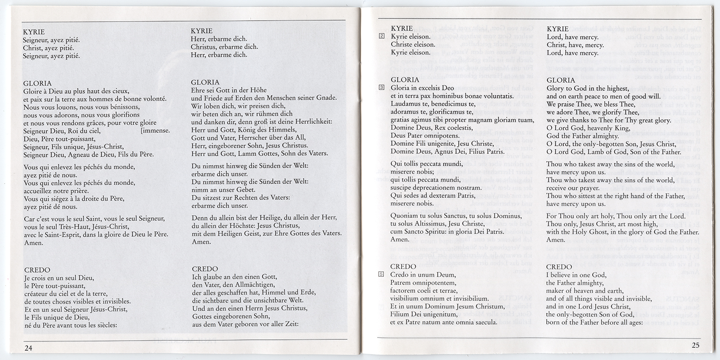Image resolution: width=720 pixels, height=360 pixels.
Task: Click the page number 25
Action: coord(695,346)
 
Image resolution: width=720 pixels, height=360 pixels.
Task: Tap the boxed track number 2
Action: coord(382,36)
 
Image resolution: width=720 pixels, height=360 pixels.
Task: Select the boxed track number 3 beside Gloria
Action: coord(382,88)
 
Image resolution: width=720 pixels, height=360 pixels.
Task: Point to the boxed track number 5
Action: coord(382,274)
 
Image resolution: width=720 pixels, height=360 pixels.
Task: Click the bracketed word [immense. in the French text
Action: coord(155,131)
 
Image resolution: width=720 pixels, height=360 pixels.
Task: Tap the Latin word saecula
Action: coord(485,322)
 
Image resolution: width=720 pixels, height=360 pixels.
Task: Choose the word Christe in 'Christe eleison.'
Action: coord(402,45)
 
